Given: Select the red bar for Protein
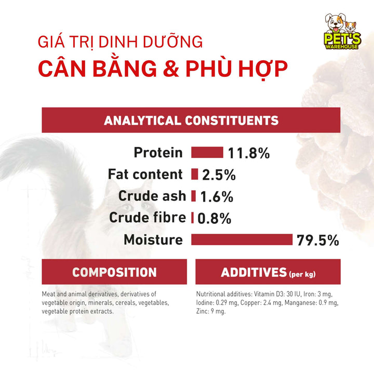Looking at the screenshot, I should point(207,153).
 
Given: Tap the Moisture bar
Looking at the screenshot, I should point(242,239).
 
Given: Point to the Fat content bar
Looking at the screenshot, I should point(195,175).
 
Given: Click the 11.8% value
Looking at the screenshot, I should point(249,153).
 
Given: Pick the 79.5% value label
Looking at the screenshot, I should point(318,241).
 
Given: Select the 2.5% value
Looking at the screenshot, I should point(219,175).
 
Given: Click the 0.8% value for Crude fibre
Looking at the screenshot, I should point(214,219).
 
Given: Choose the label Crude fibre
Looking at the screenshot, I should point(147,218).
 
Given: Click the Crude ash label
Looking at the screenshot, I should point(152,196).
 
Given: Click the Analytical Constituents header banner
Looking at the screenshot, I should point(191,121).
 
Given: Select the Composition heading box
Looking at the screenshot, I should point(114,272).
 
